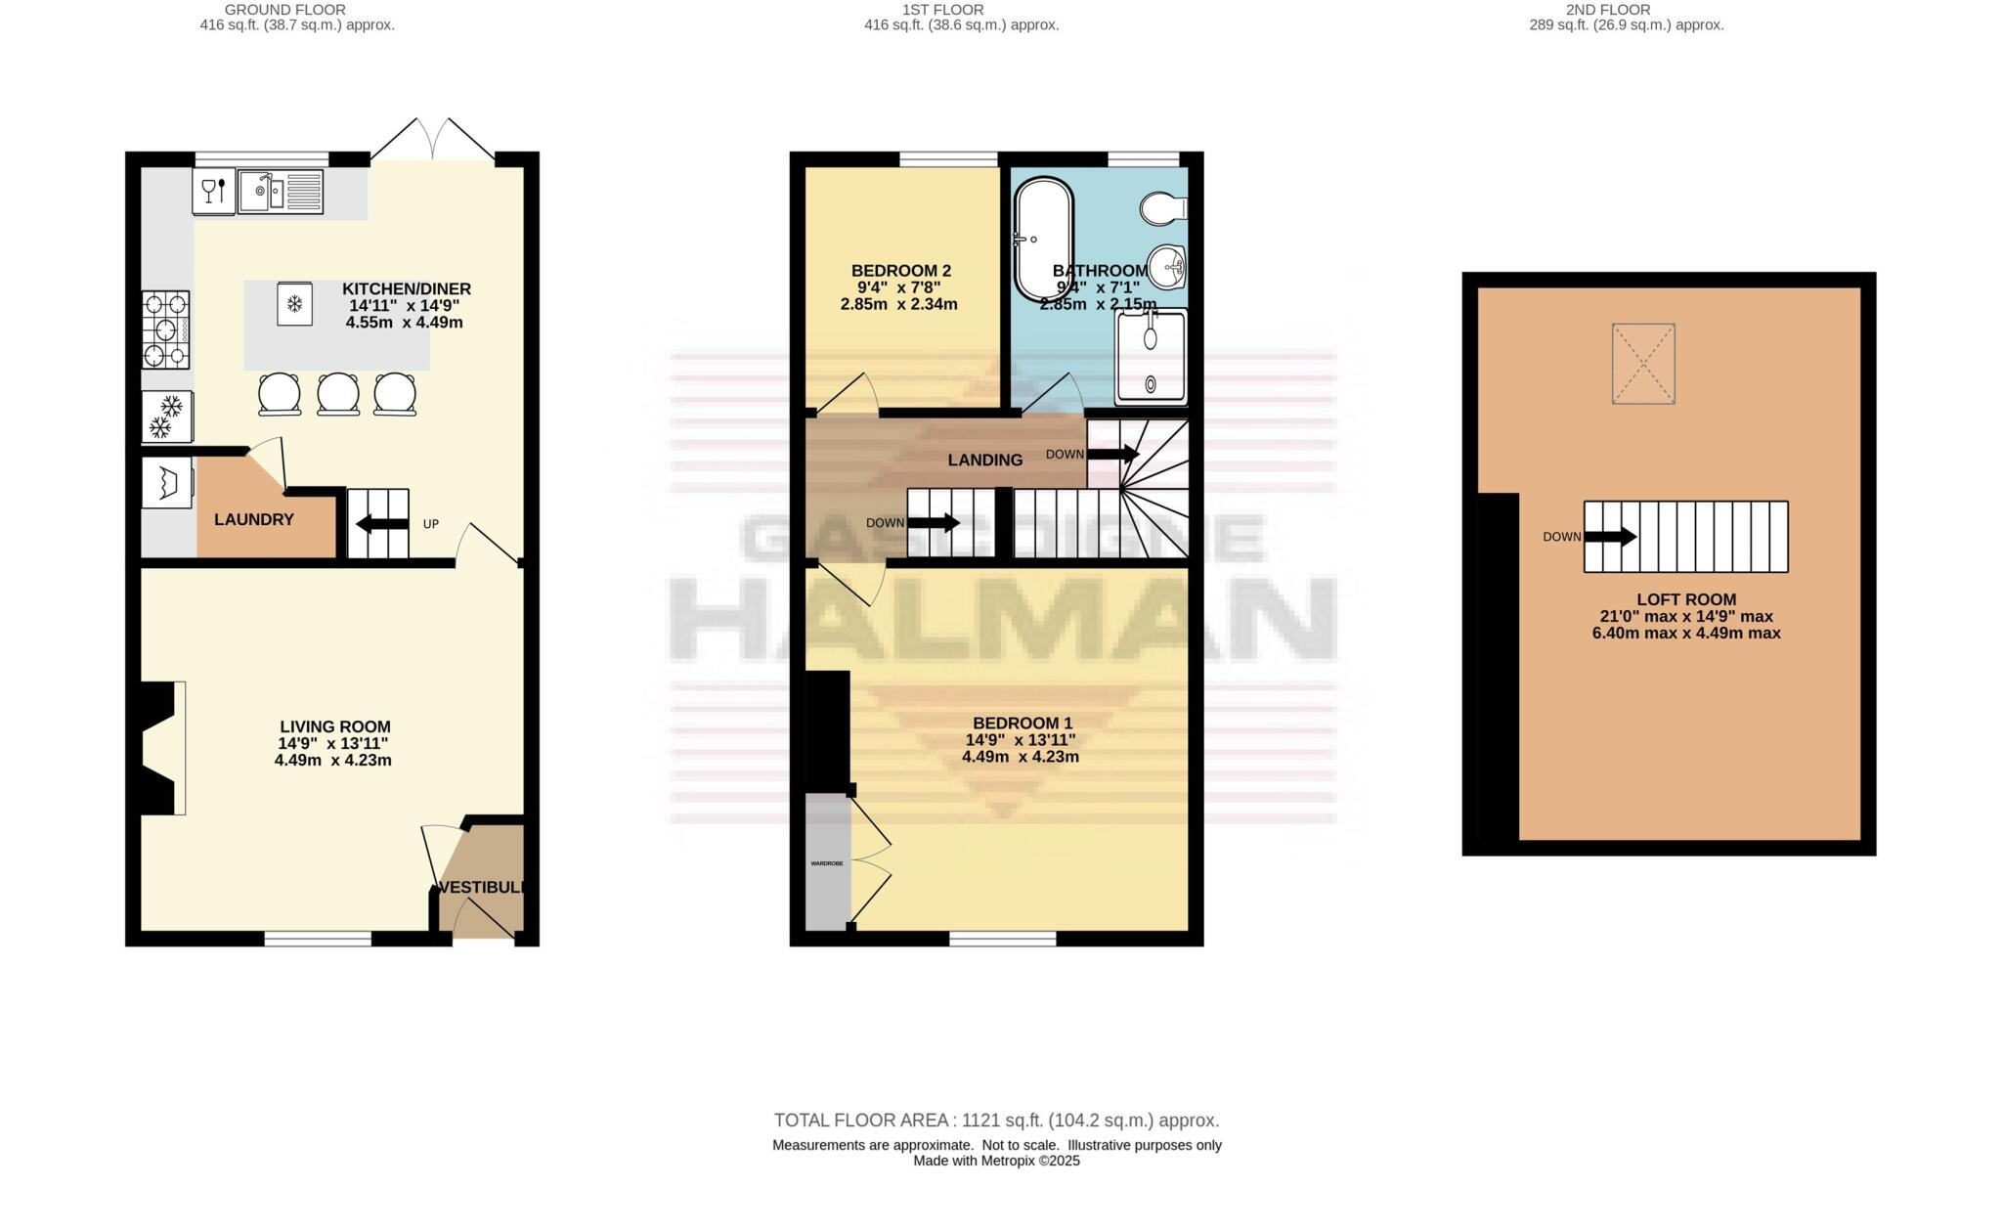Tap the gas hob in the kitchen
(166, 330)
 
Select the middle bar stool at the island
(338, 394)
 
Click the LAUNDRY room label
(254, 520)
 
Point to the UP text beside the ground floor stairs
(430, 524)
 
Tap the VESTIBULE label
(481, 888)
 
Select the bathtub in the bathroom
(1044, 240)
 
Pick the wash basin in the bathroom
(1167, 265)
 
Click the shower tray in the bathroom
(1152, 357)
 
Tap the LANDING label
(985, 461)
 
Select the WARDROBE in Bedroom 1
(828, 863)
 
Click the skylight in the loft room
(1643, 364)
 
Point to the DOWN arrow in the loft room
(1610, 537)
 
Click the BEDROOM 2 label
(900, 271)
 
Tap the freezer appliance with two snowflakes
(166, 417)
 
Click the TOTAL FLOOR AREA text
(996, 1121)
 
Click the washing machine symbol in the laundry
(166, 483)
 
